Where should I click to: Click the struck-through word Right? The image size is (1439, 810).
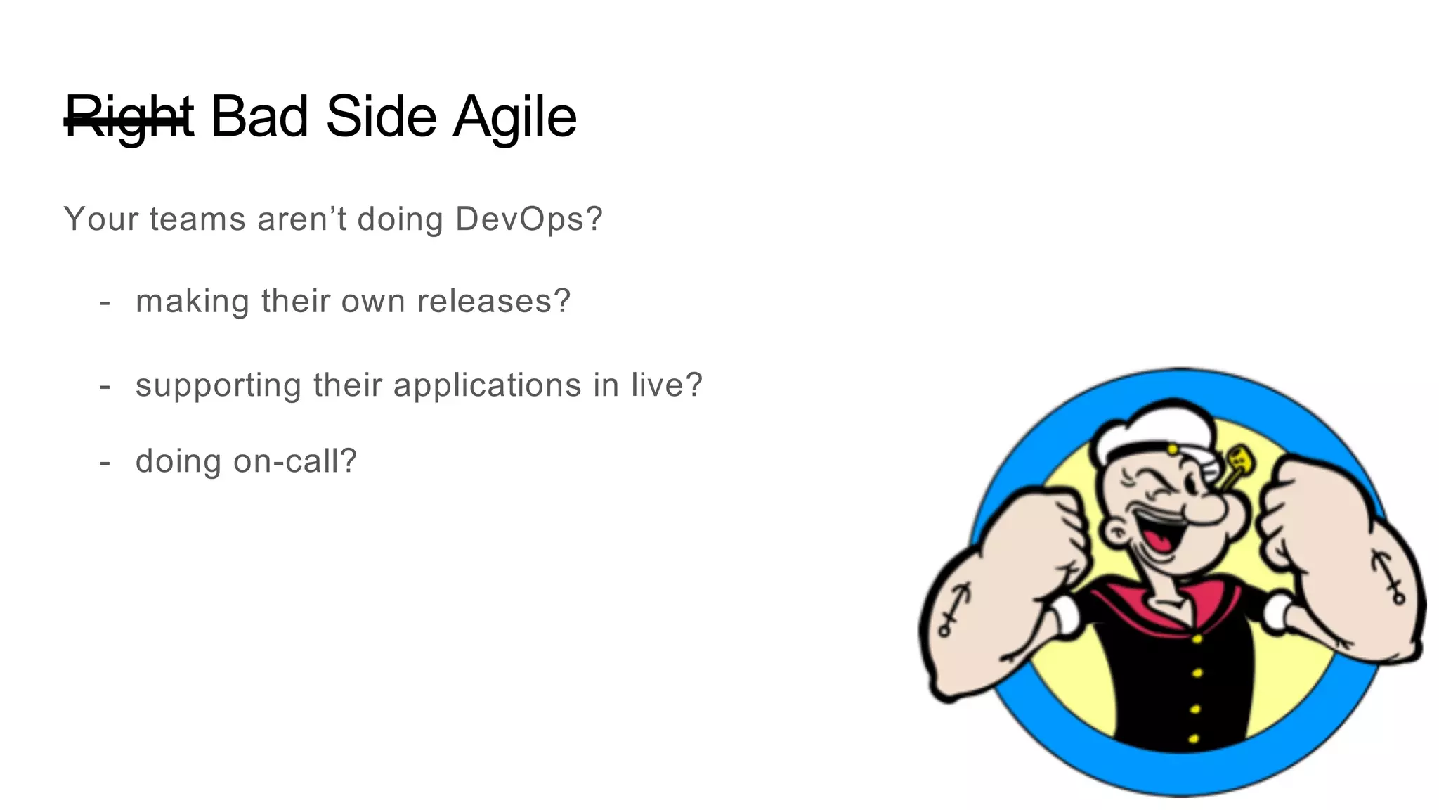point(129,117)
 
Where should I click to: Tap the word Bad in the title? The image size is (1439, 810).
point(259,116)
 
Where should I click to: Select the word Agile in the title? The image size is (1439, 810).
point(514,117)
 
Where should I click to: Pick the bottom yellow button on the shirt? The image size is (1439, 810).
point(1192,738)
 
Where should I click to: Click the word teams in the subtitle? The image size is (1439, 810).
point(197,219)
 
